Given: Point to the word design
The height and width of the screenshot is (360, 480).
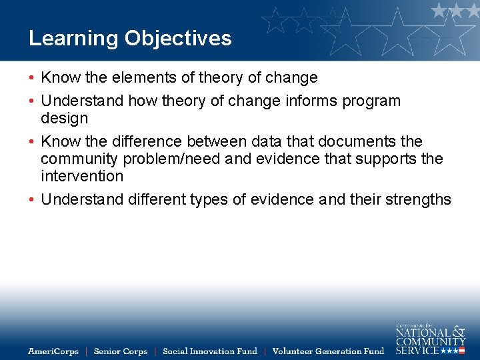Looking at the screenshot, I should coord(64,119).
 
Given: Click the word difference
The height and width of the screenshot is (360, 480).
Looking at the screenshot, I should coord(144,142).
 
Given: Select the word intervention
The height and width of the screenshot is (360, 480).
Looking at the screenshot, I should coord(82,177).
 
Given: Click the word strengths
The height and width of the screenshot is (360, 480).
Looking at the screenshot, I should coord(416,200).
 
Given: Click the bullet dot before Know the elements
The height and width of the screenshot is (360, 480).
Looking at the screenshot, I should coord(32,78).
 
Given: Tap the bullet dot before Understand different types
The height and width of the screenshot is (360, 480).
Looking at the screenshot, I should coord(32,200).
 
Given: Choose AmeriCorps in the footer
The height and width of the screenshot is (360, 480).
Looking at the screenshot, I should coord(53,351).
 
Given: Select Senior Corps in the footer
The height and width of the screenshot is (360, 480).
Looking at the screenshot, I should coord(120,351).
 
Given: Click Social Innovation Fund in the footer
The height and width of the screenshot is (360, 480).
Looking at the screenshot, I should coord(209,351).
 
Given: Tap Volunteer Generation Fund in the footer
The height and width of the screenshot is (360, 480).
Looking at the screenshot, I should coord(328,351).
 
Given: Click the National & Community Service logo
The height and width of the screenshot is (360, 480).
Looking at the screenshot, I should coord(430,338).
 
